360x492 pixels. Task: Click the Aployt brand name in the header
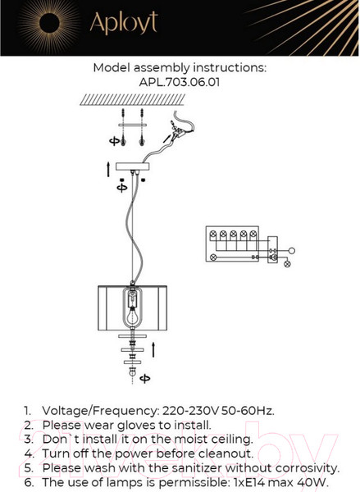tap(123, 25)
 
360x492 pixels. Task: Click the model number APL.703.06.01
tap(179, 82)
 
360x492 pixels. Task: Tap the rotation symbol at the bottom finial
tap(145, 378)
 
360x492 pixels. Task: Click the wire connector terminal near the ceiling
tap(174, 131)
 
